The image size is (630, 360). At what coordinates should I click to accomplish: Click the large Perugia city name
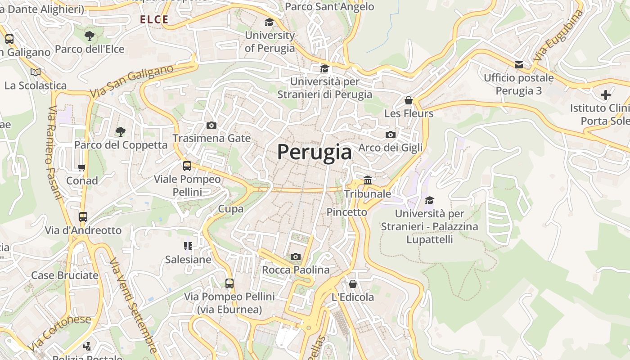click(x=314, y=152)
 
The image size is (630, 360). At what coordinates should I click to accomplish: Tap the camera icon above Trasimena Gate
click(x=211, y=125)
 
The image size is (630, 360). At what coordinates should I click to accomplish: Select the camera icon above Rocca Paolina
click(x=295, y=256)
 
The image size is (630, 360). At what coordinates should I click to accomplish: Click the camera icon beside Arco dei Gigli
click(x=391, y=135)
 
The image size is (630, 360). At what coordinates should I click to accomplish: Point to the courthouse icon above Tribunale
click(x=368, y=180)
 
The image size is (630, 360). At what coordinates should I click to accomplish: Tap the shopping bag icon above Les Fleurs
click(x=409, y=100)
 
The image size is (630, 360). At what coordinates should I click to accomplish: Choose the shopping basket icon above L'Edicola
click(x=353, y=284)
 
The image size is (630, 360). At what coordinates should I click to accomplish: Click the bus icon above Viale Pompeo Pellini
click(x=187, y=166)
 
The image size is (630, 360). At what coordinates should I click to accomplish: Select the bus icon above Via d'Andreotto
click(x=83, y=216)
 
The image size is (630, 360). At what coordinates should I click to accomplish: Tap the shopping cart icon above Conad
click(x=81, y=167)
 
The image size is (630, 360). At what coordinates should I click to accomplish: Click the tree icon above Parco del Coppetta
click(x=120, y=131)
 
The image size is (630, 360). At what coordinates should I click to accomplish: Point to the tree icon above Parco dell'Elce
click(x=90, y=36)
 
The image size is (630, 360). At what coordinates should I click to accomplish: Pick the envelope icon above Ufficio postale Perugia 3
click(x=519, y=64)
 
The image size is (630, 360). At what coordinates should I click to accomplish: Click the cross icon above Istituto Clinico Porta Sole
click(x=606, y=95)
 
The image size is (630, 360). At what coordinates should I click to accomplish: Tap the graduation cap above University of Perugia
click(x=269, y=22)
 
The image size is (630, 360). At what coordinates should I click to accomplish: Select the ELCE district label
click(x=154, y=19)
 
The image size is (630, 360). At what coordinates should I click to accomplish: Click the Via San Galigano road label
click(x=131, y=82)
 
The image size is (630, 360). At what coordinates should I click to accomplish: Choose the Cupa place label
click(x=231, y=209)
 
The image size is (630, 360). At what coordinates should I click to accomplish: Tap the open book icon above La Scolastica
click(x=35, y=72)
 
